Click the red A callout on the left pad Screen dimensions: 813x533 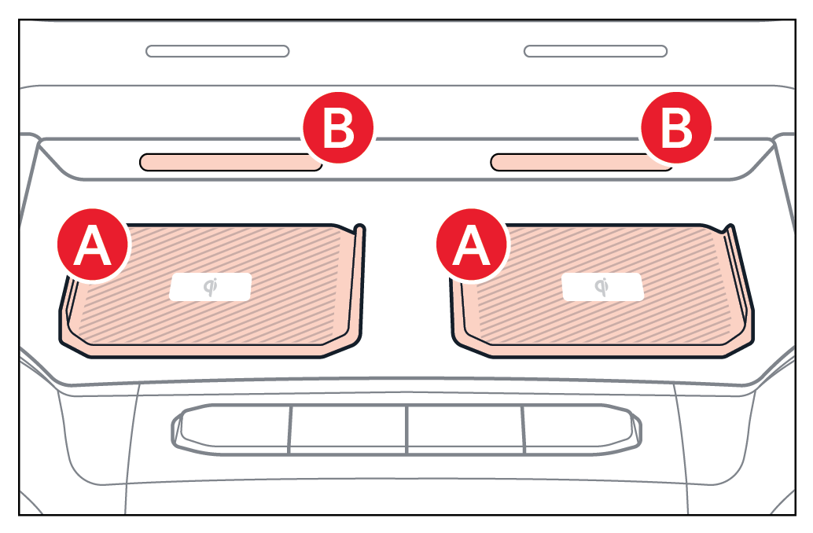tap(93, 244)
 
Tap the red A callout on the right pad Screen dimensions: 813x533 tap(471, 244)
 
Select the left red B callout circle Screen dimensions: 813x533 tap(338, 127)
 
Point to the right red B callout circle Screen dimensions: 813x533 tap(676, 127)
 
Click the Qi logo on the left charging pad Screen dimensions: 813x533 tap(211, 287)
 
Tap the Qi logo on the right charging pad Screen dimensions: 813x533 tap(602, 287)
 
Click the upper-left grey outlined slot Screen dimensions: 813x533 tap(218, 51)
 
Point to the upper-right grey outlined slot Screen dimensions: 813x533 tap(595, 51)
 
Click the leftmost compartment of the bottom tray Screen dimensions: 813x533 tap(234, 429)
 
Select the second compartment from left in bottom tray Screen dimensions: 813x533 tap(348, 430)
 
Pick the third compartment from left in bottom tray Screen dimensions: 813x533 tap(465, 430)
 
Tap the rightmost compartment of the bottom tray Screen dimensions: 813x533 tap(582, 429)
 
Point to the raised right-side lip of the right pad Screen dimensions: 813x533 tap(740, 275)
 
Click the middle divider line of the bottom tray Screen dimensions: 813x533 tap(407, 430)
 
